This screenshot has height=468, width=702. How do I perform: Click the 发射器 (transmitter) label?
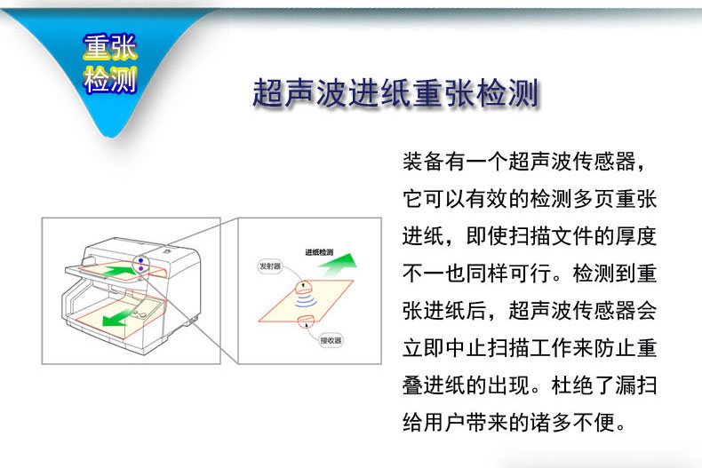click(270, 266)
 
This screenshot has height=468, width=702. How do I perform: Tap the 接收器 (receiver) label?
click(331, 340)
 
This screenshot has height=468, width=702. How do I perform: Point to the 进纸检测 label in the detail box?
click(319, 252)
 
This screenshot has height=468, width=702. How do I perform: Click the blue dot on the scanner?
click(140, 260)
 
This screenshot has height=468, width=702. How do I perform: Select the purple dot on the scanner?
click(140, 268)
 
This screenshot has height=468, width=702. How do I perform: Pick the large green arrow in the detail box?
click(339, 264)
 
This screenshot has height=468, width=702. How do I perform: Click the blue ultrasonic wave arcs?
click(306, 299)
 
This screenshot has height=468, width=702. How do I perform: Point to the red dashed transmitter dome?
click(304, 285)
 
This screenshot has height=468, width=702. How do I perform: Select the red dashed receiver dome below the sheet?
click(306, 319)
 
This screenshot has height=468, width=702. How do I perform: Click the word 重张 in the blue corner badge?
click(109, 47)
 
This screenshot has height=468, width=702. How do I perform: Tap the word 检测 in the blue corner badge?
click(109, 80)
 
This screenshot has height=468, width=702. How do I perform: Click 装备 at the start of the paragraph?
click(423, 162)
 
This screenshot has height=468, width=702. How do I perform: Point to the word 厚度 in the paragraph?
click(635, 236)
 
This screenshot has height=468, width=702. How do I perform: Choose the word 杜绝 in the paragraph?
click(572, 385)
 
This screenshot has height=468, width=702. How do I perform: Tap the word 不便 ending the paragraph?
click(594, 423)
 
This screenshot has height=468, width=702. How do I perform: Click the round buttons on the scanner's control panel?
click(140, 313)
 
